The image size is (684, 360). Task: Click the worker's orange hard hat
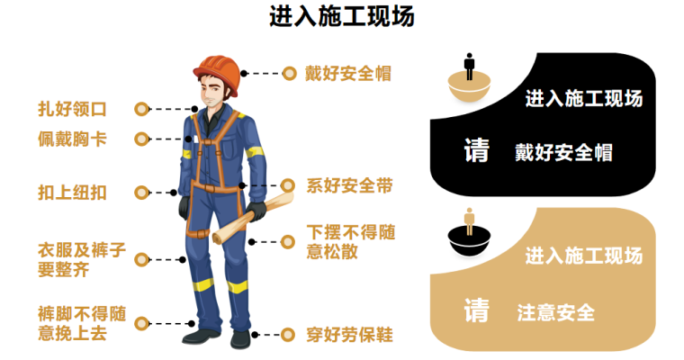pyautogui.click(x=217, y=73)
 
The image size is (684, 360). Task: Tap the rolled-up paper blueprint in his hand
pyautogui.click(x=253, y=217)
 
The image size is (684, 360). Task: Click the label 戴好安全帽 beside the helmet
pyautogui.click(x=348, y=73)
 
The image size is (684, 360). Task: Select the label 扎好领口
pyautogui.click(x=72, y=109)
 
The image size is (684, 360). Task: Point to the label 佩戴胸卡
pyautogui.click(x=72, y=139)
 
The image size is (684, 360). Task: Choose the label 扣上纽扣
pyautogui.click(x=72, y=193)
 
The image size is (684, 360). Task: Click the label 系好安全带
pyautogui.click(x=350, y=185)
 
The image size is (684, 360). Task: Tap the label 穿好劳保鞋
pyautogui.click(x=350, y=335)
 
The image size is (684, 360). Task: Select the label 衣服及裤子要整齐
pyautogui.click(x=82, y=259)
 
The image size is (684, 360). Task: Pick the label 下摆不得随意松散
pyautogui.click(x=351, y=242)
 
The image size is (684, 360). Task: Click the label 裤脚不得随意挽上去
pyautogui.click(x=82, y=323)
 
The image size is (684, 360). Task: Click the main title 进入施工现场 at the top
pyautogui.click(x=342, y=16)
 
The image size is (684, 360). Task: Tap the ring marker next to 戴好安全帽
pyautogui.click(x=289, y=74)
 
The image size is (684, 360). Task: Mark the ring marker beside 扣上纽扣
pyautogui.click(x=142, y=193)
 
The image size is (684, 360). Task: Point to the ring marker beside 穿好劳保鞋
pyautogui.click(x=287, y=335)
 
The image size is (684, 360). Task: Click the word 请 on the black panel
pyautogui.click(x=476, y=150)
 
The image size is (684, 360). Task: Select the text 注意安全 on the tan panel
pyautogui.click(x=556, y=313)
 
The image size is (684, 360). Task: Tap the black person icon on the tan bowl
pyautogui.click(x=469, y=67)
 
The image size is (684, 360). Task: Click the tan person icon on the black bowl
pyautogui.click(x=469, y=221)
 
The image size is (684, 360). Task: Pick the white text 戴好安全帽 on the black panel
pyautogui.click(x=563, y=153)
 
